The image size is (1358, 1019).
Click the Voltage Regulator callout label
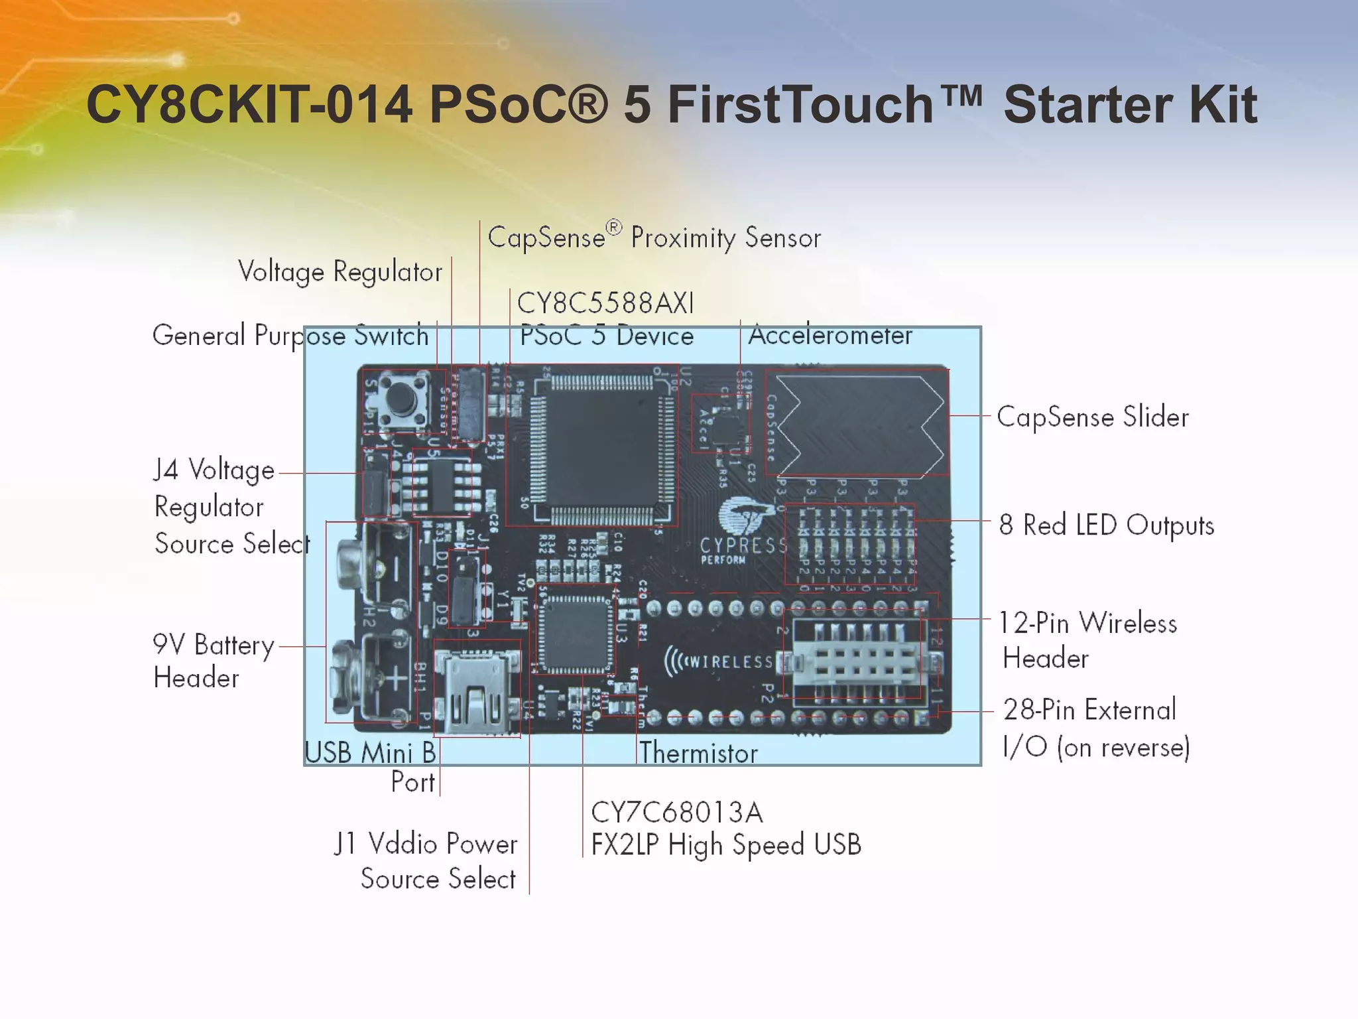[x=339, y=272]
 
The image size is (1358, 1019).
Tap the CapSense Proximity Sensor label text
[x=654, y=238]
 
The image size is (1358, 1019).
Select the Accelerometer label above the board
[x=830, y=336]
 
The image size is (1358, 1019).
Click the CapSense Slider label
[x=1093, y=417]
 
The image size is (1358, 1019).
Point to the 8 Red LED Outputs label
[x=1107, y=525]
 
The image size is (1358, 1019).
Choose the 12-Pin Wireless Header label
[x=1088, y=640]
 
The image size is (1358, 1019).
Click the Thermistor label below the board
[x=698, y=753]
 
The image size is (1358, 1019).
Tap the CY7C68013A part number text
[x=676, y=812]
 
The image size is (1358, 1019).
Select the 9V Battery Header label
[x=213, y=661]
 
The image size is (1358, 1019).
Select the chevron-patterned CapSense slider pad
[x=857, y=423]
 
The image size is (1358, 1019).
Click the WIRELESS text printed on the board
[x=721, y=661]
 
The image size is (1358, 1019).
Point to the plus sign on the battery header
[x=397, y=679]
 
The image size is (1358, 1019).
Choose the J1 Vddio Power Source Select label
[x=426, y=861]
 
